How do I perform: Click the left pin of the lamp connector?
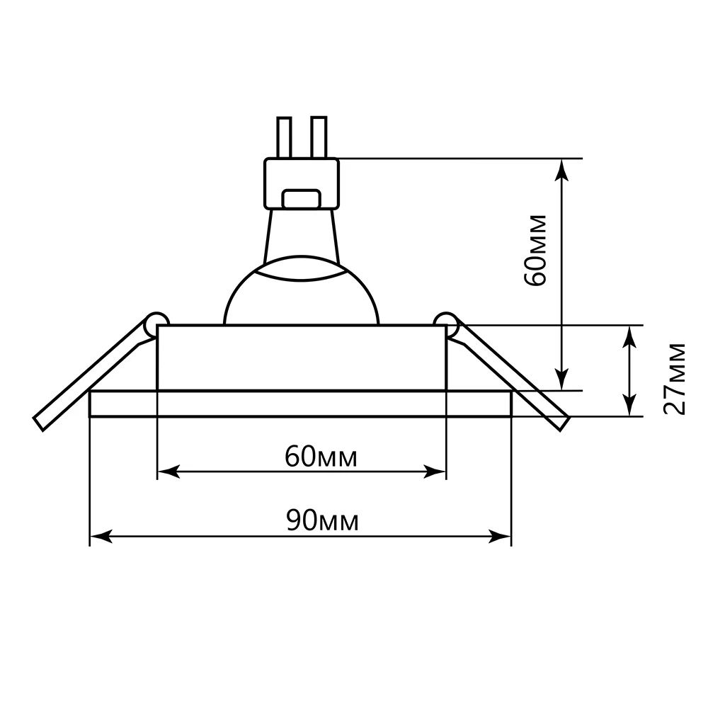coord(284,137)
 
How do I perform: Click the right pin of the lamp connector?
coord(319,137)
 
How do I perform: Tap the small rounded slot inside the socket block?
coord(301,199)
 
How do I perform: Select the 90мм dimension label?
coord(322,520)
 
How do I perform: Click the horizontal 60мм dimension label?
coord(321,457)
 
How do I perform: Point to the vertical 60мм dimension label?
coord(536,250)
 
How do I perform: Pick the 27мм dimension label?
coord(675,378)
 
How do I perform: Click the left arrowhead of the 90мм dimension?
coord(101,537)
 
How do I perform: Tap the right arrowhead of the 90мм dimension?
coord(501,537)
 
